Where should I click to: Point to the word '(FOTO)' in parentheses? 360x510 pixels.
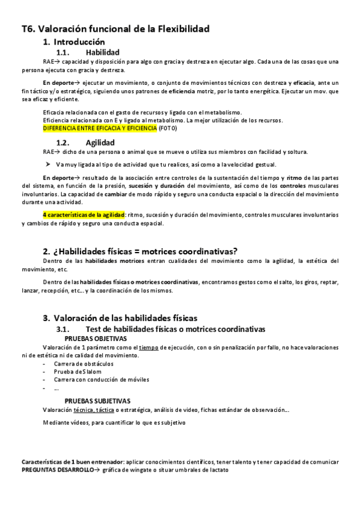[x=168, y=128]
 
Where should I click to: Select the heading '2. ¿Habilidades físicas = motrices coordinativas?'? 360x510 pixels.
[x=140, y=251]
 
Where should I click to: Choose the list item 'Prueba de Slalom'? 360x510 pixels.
[x=76, y=372]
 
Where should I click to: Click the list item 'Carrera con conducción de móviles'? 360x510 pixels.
[x=101, y=379]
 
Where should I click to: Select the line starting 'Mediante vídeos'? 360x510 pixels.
[x=114, y=422]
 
